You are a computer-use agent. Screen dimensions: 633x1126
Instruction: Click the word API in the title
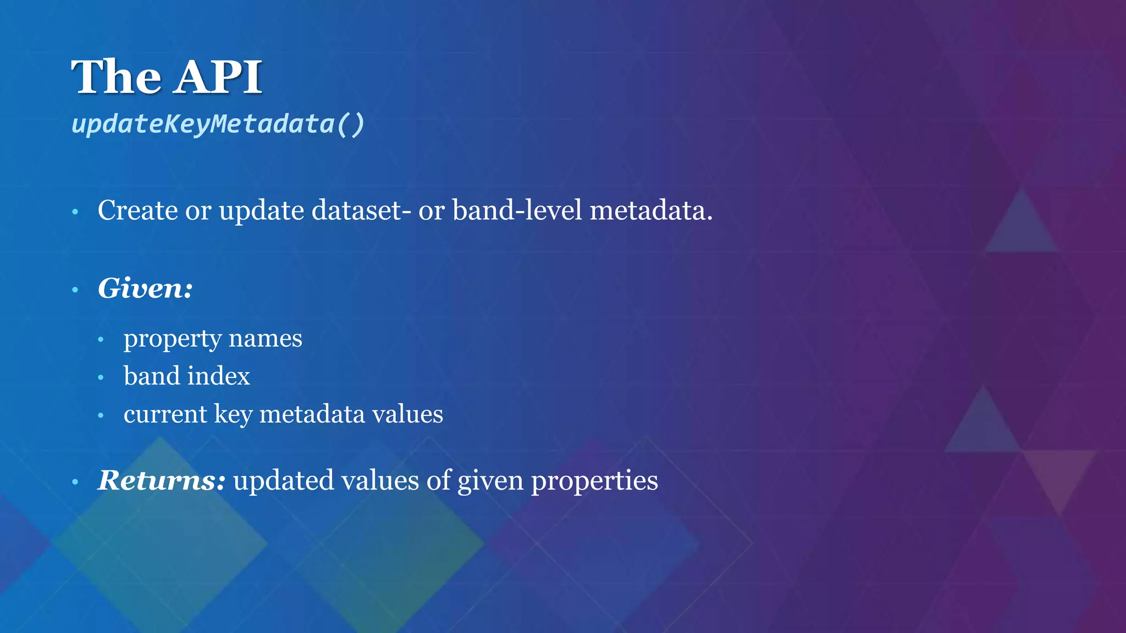[x=219, y=77]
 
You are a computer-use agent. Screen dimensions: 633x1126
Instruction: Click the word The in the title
[x=117, y=77]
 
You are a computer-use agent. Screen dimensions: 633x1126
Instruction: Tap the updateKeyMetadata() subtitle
[x=218, y=124]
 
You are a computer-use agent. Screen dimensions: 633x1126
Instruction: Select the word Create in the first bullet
[x=137, y=210]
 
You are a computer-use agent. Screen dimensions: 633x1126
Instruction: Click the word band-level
[x=517, y=210]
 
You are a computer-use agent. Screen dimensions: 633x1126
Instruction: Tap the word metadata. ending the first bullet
[x=651, y=210]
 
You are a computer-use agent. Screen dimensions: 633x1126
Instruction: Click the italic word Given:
[x=145, y=288]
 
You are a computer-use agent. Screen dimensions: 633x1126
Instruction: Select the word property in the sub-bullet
[x=173, y=339]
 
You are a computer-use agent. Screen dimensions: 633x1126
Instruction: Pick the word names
[x=266, y=339]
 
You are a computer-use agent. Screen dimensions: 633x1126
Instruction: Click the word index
[x=219, y=376]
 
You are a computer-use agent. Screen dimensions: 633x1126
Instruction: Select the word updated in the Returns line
[x=284, y=481]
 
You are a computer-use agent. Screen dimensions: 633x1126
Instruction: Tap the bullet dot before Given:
[x=75, y=290]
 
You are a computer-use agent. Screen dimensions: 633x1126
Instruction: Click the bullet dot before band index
[x=101, y=377]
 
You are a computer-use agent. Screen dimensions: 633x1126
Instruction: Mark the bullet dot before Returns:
[x=75, y=482]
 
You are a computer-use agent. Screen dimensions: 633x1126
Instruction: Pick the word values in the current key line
[x=407, y=414]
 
